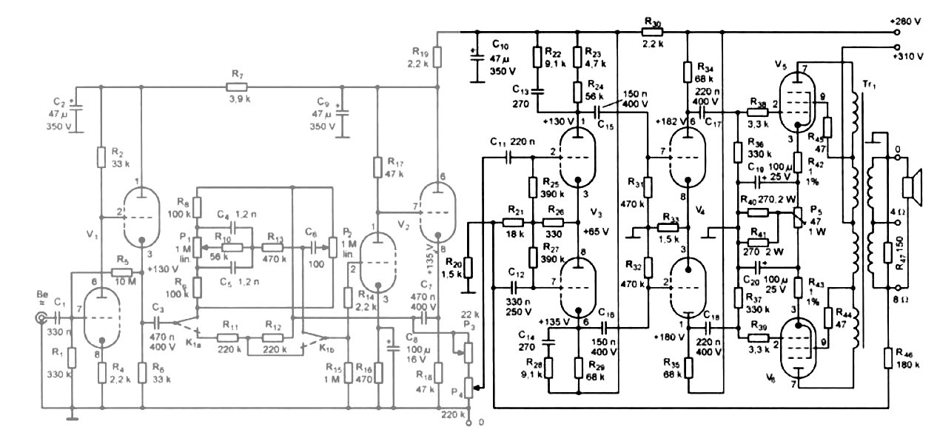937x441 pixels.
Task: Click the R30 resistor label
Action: click(x=652, y=22)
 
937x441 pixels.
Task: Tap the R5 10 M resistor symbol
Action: click(x=121, y=272)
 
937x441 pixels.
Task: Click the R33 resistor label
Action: click(x=670, y=218)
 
